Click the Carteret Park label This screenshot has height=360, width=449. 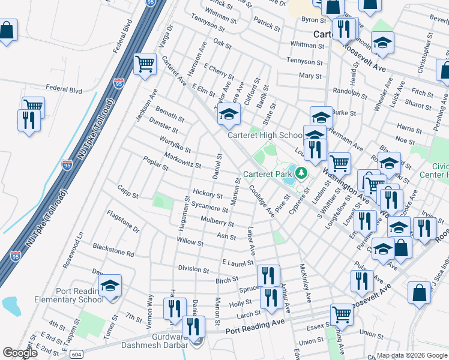(267, 175)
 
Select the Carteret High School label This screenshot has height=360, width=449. (265, 135)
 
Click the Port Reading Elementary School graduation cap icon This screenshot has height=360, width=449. (110, 286)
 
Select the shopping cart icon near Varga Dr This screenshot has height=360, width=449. (144, 63)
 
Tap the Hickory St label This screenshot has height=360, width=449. (208, 193)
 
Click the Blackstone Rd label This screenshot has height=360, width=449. (113, 250)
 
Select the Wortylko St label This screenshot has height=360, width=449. (175, 145)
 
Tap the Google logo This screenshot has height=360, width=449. (21, 353)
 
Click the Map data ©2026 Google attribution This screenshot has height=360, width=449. (412, 355)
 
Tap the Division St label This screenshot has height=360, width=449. (193, 269)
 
